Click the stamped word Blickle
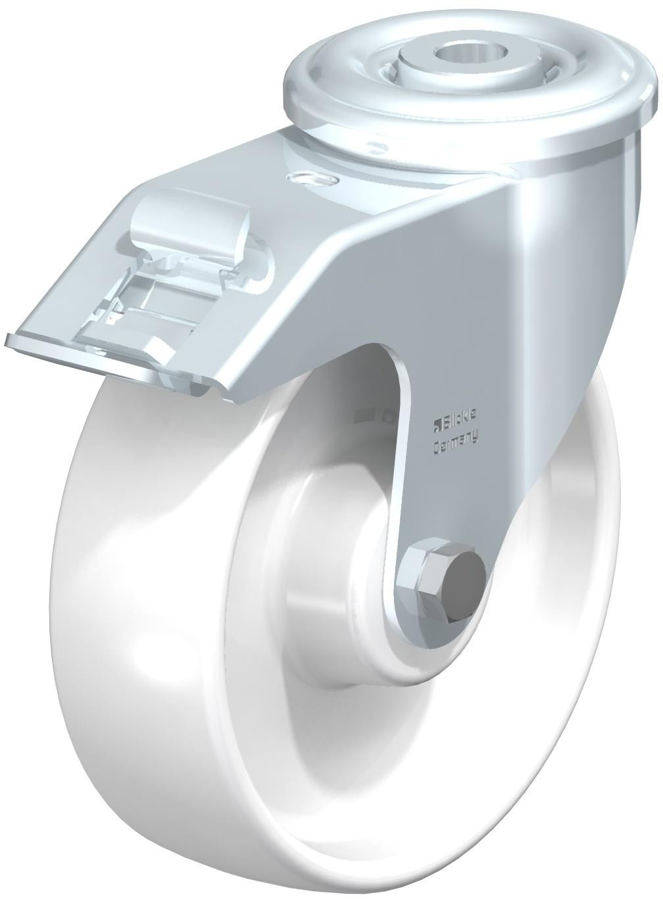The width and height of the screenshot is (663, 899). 459,416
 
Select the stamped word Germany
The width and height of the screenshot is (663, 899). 456,438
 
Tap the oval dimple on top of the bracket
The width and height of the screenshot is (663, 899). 312,179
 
